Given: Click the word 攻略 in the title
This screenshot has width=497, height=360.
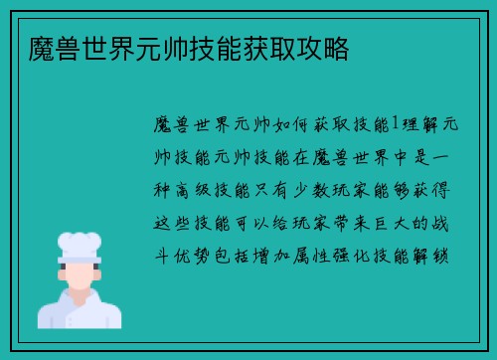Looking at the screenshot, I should pos(322,47).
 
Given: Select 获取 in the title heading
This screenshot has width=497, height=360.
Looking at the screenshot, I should pos(270,47).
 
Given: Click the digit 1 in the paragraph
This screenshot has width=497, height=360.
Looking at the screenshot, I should pos(394,123).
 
